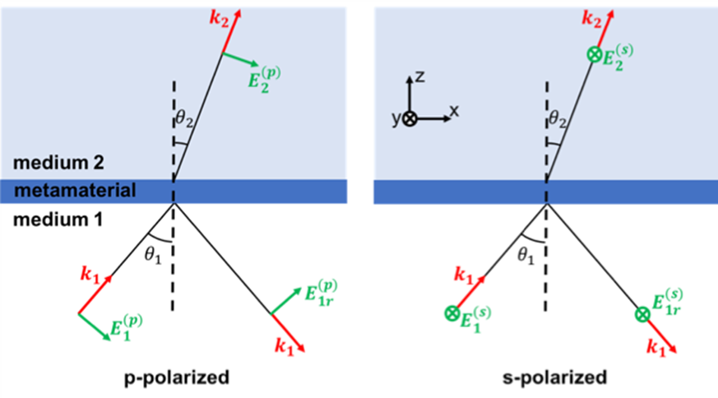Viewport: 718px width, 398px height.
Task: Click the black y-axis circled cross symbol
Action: point(410,119)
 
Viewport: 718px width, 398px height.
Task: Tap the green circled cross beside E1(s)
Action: point(451,312)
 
